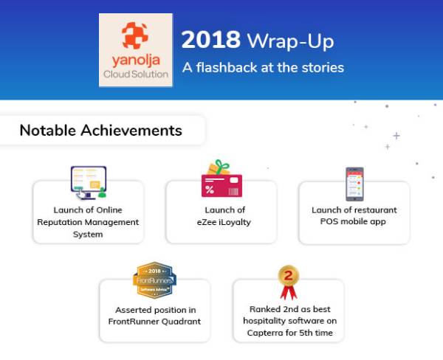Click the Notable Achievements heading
pos(100,131)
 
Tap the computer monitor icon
pos(89,181)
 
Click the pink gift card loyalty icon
pos(221,179)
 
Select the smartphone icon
pos(354,184)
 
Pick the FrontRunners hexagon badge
pos(155,281)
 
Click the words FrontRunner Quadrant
pos(155,322)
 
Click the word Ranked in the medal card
pos(264,310)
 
